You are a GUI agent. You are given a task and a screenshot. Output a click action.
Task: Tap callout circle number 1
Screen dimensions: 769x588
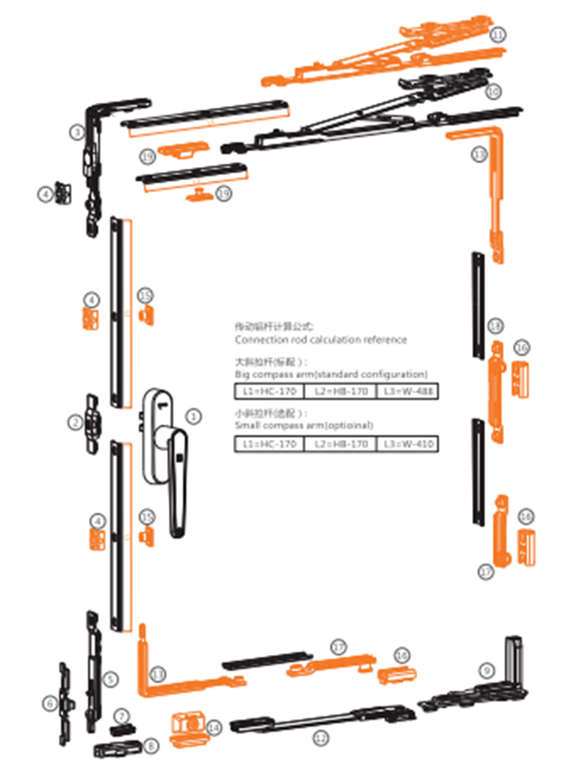click(193, 416)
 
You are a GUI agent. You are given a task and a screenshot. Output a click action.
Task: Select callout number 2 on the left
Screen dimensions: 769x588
click(74, 422)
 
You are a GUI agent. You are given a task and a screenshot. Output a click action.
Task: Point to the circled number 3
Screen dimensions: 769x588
click(76, 132)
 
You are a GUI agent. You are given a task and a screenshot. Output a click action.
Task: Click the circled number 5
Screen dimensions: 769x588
click(110, 679)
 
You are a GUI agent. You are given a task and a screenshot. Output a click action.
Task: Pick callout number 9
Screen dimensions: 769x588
click(485, 670)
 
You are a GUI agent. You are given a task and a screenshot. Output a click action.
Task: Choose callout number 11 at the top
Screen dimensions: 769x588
click(498, 35)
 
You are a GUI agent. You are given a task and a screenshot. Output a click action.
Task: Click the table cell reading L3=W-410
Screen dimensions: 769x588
click(406, 444)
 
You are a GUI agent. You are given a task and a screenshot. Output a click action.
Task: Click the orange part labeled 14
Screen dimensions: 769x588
click(187, 724)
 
